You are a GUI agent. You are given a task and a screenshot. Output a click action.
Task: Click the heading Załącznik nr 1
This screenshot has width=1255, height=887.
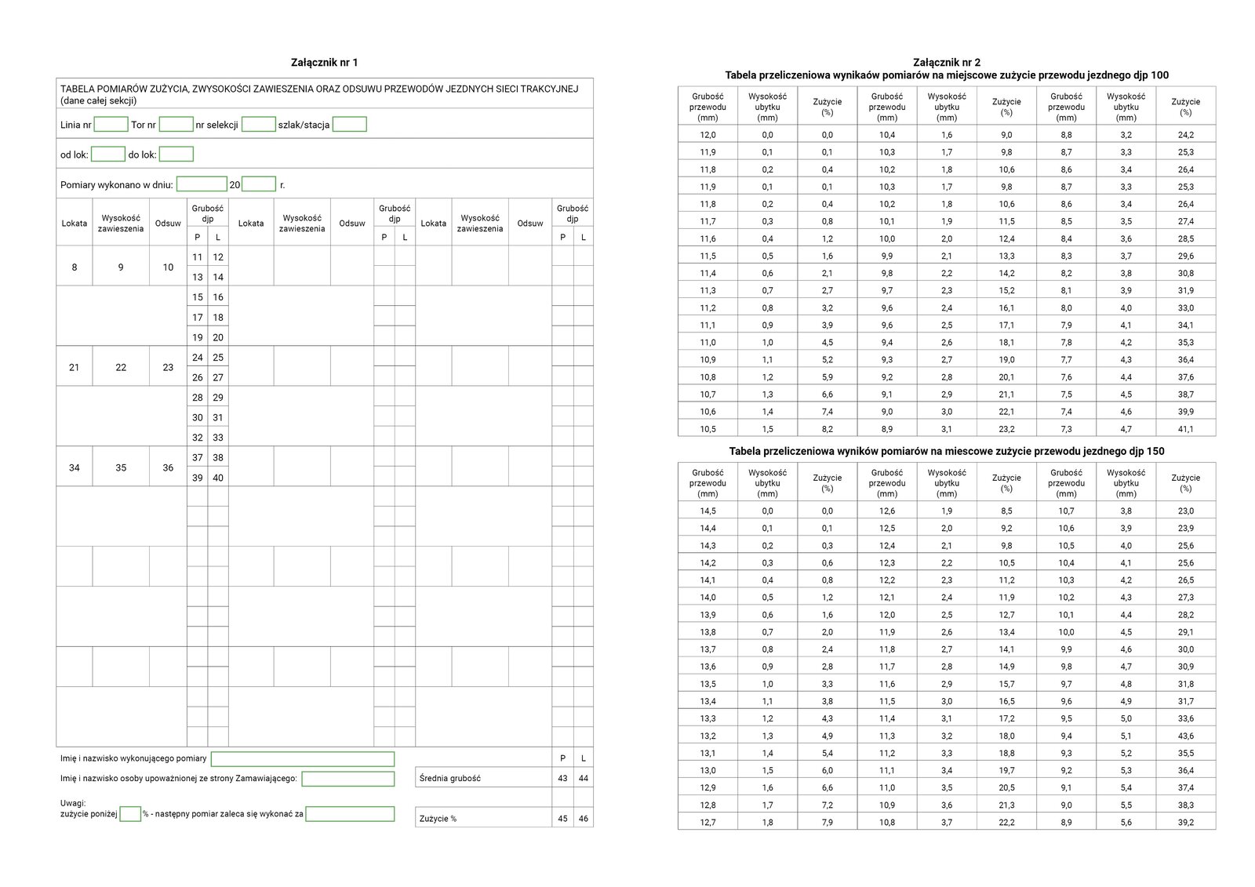(x=324, y=63)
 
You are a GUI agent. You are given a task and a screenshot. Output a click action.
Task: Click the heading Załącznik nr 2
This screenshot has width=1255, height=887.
(x=946, y=63)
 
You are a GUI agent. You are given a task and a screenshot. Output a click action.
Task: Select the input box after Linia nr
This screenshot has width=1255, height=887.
(x=111, y=125)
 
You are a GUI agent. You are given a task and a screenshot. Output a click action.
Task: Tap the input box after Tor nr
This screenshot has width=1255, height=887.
(x=176, y=125)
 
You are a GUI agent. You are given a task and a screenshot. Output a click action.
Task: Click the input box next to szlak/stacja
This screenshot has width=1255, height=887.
(x=349, y=125)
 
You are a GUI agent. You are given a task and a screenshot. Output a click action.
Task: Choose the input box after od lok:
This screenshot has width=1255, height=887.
(x=108, y=154)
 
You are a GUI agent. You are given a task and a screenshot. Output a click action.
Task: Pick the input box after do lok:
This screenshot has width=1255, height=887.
(x=176, y=154)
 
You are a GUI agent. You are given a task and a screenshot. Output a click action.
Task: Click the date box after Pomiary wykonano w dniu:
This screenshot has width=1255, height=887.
(x=202, y=184)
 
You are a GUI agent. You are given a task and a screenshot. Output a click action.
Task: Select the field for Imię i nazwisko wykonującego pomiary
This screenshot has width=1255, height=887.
(x=302, y=758)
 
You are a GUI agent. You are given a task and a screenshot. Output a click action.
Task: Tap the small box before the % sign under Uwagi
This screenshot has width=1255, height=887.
(x=130, y=814)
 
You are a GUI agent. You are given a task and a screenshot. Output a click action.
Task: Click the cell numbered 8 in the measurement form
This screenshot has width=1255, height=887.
(x=75, y=267)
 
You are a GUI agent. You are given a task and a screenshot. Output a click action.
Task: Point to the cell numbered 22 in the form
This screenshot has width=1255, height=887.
(x=121, y=367)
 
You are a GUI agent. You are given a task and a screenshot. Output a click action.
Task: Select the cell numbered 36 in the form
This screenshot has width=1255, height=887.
(x=168, y=467)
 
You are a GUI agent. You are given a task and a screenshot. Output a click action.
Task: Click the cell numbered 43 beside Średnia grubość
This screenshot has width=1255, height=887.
(x=562, y=778)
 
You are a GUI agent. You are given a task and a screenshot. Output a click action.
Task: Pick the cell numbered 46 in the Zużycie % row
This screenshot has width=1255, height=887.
(x=583, y=818)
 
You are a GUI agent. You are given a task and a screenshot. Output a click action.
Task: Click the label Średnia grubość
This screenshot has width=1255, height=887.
(x=450, y=778)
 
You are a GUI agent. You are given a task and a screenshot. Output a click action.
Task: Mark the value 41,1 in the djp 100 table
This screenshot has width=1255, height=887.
(x=1185, y=429)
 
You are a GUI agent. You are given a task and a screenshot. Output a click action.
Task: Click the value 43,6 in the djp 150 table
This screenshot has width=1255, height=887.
(x=1185, y=736)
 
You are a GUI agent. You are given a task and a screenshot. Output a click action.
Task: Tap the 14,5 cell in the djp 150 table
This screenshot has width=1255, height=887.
(x=708, y=511)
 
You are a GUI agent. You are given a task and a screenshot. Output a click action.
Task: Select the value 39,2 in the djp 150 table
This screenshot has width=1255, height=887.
(x=1185, y=822)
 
